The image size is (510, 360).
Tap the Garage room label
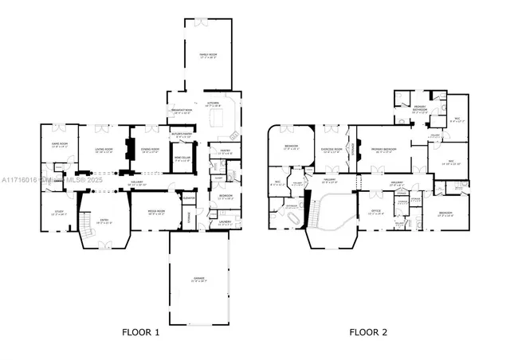point(198,280)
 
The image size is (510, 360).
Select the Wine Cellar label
point(182,158)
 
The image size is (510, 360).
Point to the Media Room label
point(155,213)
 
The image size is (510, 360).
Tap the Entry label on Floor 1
point(104,222)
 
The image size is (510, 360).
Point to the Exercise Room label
point(332,149)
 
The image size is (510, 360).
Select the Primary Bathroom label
point(420,111)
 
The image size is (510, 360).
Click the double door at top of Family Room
point(208,19)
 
